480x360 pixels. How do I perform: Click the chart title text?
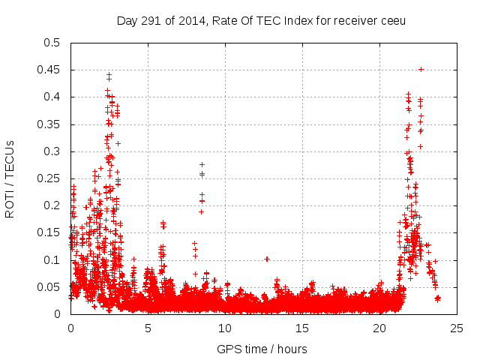261,20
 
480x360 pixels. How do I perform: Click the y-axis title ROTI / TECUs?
10,178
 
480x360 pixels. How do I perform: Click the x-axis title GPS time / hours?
262,349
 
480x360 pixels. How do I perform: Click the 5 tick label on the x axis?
148,328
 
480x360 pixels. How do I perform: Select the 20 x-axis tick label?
380,328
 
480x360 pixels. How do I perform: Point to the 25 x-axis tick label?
457,328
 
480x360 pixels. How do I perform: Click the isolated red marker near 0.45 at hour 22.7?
421,69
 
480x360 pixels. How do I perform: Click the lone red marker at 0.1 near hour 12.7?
267,259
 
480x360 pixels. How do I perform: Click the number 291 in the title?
149,20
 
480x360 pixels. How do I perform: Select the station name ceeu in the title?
392,20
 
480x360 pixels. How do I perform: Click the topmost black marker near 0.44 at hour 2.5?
109,74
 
